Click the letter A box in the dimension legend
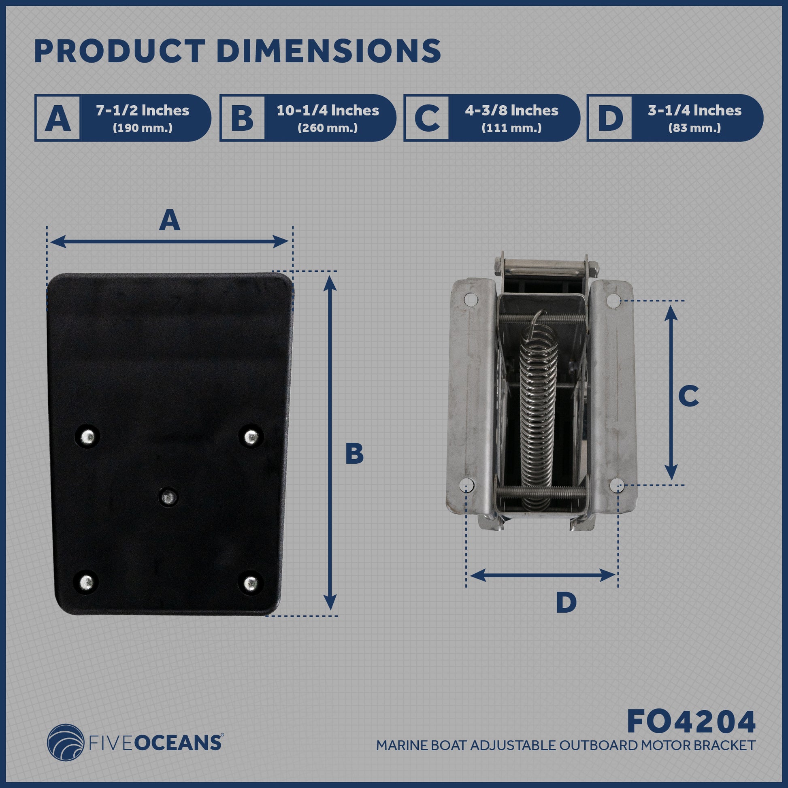click(x=58, y=118)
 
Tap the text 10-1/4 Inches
click(x=328, y=111)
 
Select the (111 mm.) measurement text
click(x=511, y=128)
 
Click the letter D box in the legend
click(x=609, y=118)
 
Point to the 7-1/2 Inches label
click(x=143, y=111)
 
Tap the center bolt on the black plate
click(x=168, y=497)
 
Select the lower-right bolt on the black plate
click(x=251, y=583)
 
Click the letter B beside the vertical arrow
click(x=354, y=454)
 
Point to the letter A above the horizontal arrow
click(x=170, y=221)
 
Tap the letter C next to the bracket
click(x=688, y=396)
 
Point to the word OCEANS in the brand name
click(x=178, y=742)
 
